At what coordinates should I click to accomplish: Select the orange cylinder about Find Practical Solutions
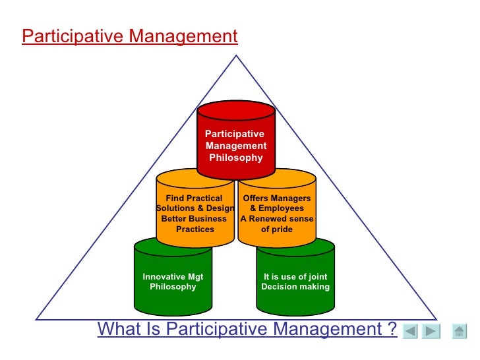click(195, 210)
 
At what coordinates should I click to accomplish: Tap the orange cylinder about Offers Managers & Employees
click(277, 210)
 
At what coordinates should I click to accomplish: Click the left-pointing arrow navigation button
click(411, 330)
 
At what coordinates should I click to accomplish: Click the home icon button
click(460, 330)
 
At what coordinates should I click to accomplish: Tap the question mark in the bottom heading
click(392, 328)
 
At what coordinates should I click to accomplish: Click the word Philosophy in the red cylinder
click(236, 158)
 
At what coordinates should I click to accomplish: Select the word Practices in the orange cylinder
click(195, 229)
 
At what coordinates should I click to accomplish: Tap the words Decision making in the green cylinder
click(295, 287)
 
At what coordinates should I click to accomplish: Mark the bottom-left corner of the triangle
click(37, 318)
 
